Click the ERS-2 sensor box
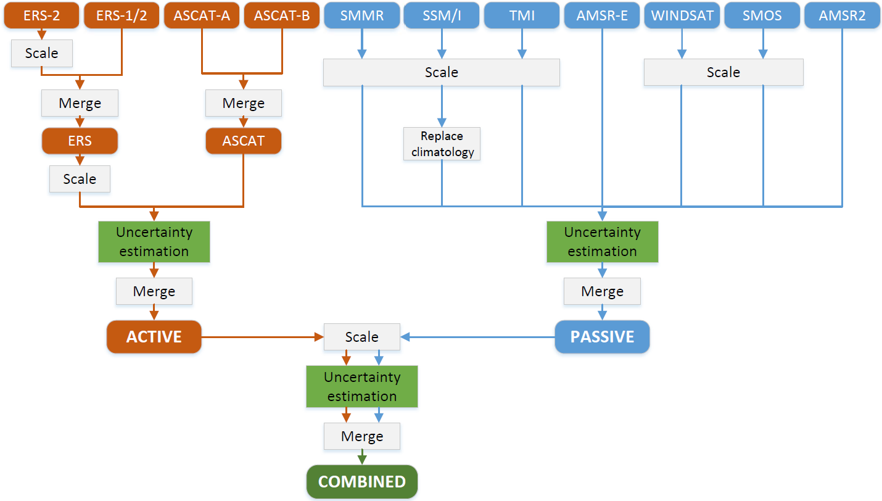tap(42, 15)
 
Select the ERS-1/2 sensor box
tap(122, 15)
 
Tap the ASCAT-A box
tap(202, 15)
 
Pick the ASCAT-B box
tap(282, 15)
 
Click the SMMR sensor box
tap(361, 15)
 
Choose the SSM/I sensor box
tap(442, 15)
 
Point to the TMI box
tap(522, 15)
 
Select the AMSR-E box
tap(602, 15)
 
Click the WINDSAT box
tap(682, 15)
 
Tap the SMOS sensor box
tap(763, 15)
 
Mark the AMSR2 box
tap(843, 15)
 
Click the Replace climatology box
tap(442, 144)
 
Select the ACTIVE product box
tap(154, 337)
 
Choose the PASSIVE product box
tap(602, 337)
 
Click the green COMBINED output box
tap(362, 482)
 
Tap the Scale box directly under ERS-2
tap(42, 53)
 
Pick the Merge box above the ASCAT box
tap(244, 103)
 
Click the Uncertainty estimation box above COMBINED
tap(362, 386)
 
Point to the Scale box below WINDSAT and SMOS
tap(723, 72)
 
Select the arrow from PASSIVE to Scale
tap(477, 337)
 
